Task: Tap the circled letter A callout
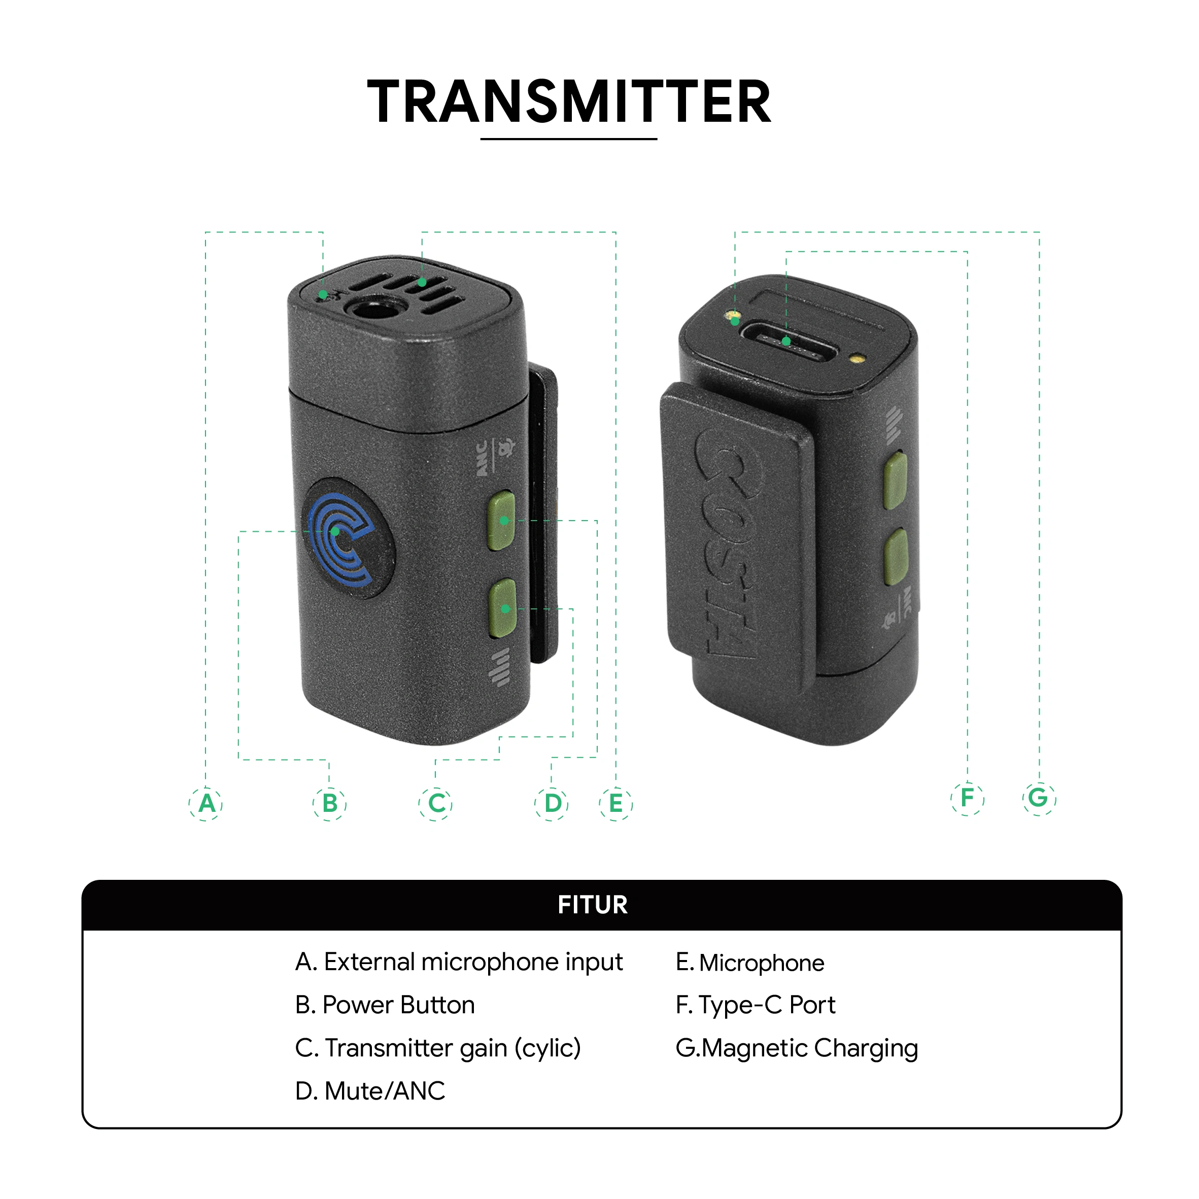tap(206, 804)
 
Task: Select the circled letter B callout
tap(329, 804)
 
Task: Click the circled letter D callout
tap(551, 804)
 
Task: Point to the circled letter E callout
tap(615, 804)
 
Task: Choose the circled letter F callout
tap(968, 798)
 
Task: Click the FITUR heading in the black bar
tap(593, 905)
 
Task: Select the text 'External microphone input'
tap(473, 962)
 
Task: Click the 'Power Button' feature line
tap(385, 1005)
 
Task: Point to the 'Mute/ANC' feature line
tap(370, 1090)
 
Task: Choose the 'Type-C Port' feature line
tap(755, 1005)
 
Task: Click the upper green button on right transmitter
tap(895, 481)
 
